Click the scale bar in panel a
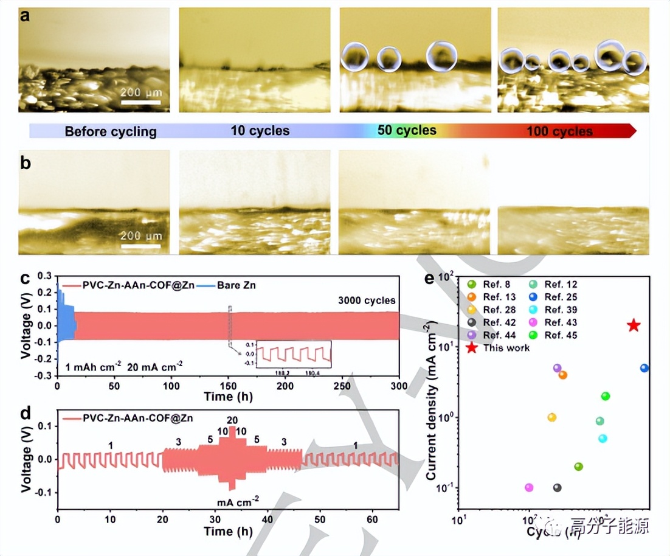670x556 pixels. pos(140,102)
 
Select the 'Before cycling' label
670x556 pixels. pos(111,131)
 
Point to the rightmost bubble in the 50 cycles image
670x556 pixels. pos(441,55)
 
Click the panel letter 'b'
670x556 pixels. pos(26,164)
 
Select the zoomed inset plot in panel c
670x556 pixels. pos(294,353)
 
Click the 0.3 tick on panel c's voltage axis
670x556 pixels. pos(44,276)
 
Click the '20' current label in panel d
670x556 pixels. pos(232,420)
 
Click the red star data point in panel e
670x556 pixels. pos(634,325)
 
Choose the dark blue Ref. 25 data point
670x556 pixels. pos(644,368)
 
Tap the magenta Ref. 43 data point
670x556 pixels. pos(529,487)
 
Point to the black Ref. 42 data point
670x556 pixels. pos(557,487)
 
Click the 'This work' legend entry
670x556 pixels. pos(506,348)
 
